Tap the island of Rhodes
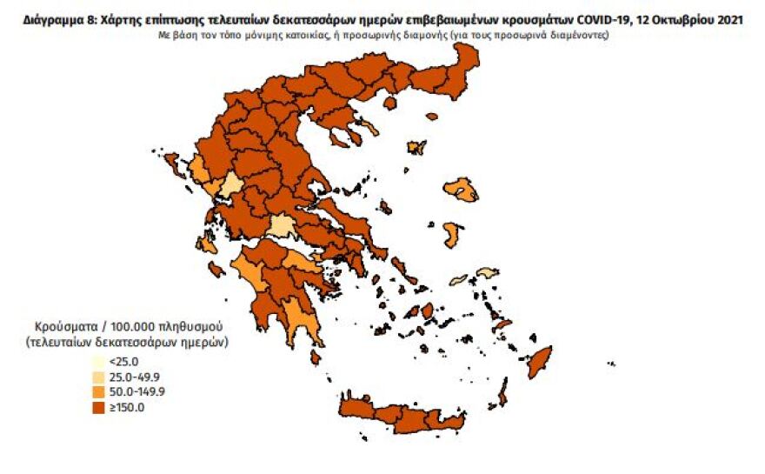click(541, 360)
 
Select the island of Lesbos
click(462, 189)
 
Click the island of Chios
click(453, 234)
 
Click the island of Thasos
click(389, 103)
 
